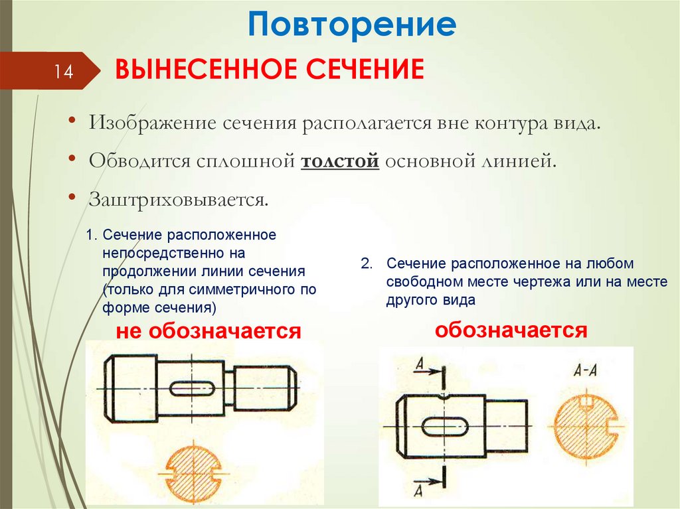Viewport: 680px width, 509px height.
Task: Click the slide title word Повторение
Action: (352, 25)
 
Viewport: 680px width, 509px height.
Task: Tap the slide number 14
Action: (63, 71)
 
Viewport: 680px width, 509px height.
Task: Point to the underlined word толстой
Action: (340, 161)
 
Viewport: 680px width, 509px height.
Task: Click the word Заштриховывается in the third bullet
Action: (178, 200)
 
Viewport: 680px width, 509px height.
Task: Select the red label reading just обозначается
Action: (511, 330)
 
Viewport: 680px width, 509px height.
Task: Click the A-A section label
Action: (585, 370)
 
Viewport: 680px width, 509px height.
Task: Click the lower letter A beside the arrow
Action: (418, 491)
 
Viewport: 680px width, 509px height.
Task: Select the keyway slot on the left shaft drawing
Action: (192, 388)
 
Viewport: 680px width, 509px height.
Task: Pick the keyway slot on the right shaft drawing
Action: (445, 427)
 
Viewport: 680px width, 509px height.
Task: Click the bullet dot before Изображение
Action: (72, 120)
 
